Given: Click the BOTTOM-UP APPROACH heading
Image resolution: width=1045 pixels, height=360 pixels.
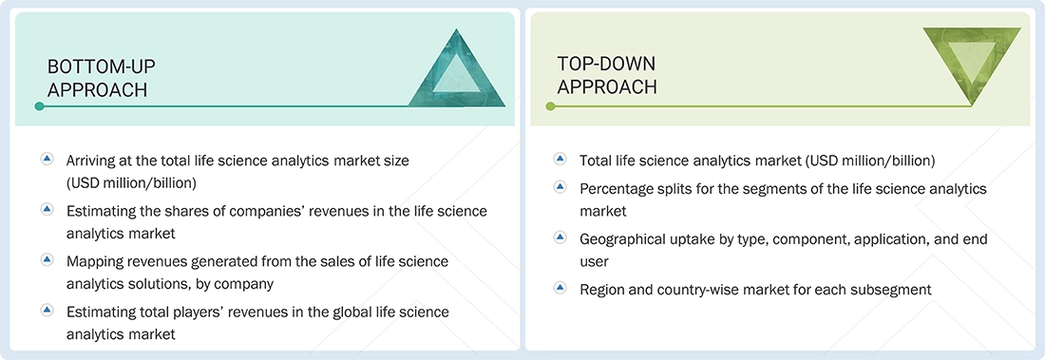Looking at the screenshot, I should pos(101,77).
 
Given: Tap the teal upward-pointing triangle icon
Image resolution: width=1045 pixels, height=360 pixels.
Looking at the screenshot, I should pos(457,67).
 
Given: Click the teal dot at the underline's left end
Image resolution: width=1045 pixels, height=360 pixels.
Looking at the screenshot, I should pos(39,106).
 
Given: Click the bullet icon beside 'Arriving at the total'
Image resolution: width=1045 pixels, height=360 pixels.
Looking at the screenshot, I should pos(47,160).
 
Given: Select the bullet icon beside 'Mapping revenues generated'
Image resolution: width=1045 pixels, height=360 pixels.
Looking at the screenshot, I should pos(47,259).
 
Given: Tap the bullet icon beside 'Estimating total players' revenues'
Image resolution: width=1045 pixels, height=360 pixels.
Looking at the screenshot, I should pos(47,310).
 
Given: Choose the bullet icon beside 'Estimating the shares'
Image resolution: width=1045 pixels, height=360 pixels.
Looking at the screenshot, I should pos(47,209).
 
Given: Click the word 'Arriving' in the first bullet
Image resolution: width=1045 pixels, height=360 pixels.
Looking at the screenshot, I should pos(93,161).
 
